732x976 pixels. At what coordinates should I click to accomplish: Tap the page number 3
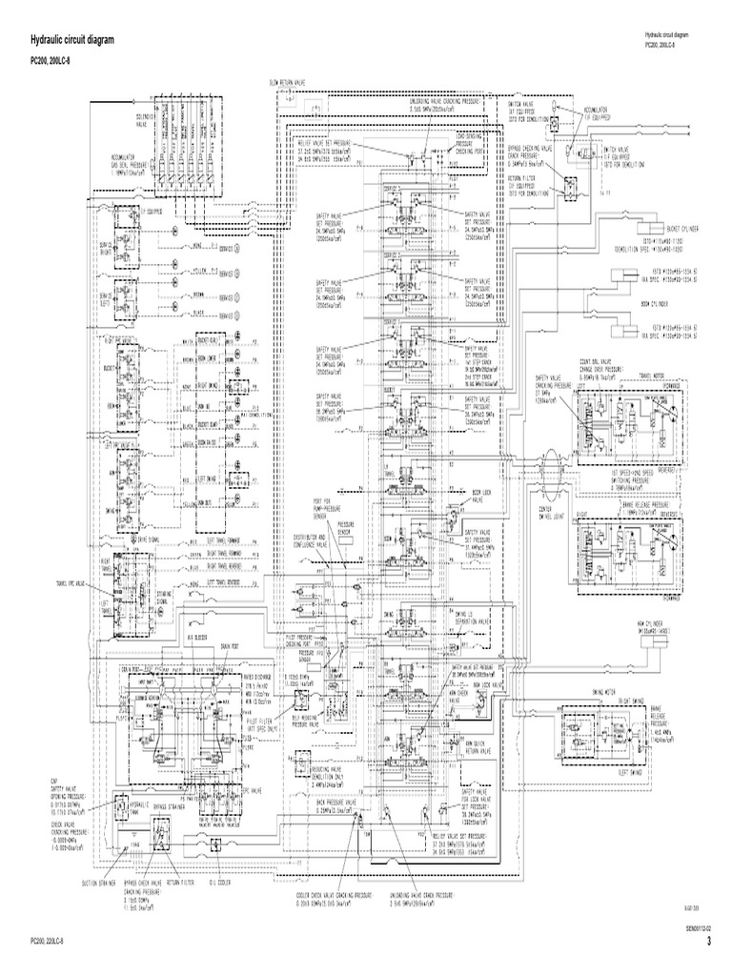(x=709, y=943)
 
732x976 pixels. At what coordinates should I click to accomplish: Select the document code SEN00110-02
(x=698, y=925)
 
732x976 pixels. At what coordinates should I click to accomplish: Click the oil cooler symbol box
(x=215, y=845)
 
